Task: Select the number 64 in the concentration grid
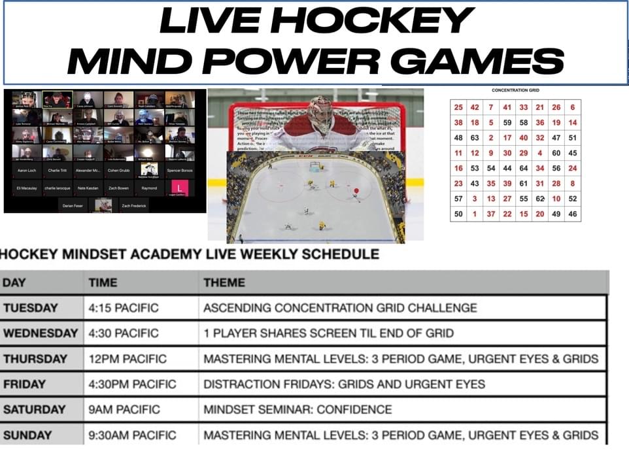click(x=524, y=168)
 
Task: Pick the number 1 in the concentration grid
click(x=475, y=214)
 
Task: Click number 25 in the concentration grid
click(x=458, y=107)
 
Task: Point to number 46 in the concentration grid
click(x=573, y=214)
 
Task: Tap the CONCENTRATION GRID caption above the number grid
click(x=515, y=90)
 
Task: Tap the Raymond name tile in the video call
click(x=149, y=188)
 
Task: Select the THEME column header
click(x=224, y=283)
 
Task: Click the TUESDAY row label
click(x=31, y=308)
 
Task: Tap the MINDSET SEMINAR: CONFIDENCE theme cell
click(x=297, y=410)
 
